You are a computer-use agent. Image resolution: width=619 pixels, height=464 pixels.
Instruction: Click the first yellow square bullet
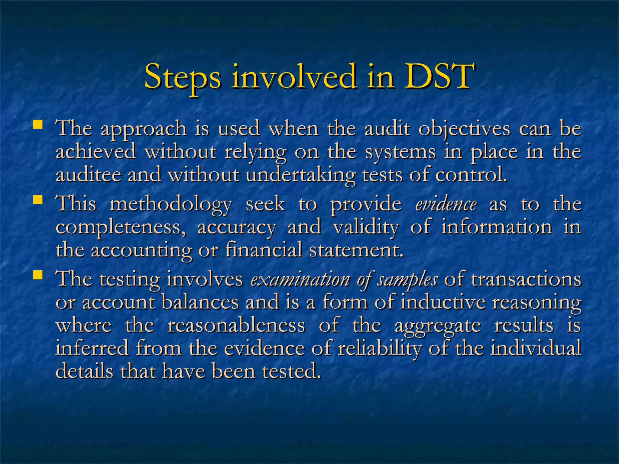37,124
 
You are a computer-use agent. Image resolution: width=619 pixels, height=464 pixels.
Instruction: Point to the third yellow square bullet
37,275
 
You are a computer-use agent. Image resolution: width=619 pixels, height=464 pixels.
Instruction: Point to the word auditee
88,175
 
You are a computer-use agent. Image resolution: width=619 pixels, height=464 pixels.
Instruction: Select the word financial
264,250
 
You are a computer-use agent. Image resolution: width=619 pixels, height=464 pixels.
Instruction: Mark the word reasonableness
236,325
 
